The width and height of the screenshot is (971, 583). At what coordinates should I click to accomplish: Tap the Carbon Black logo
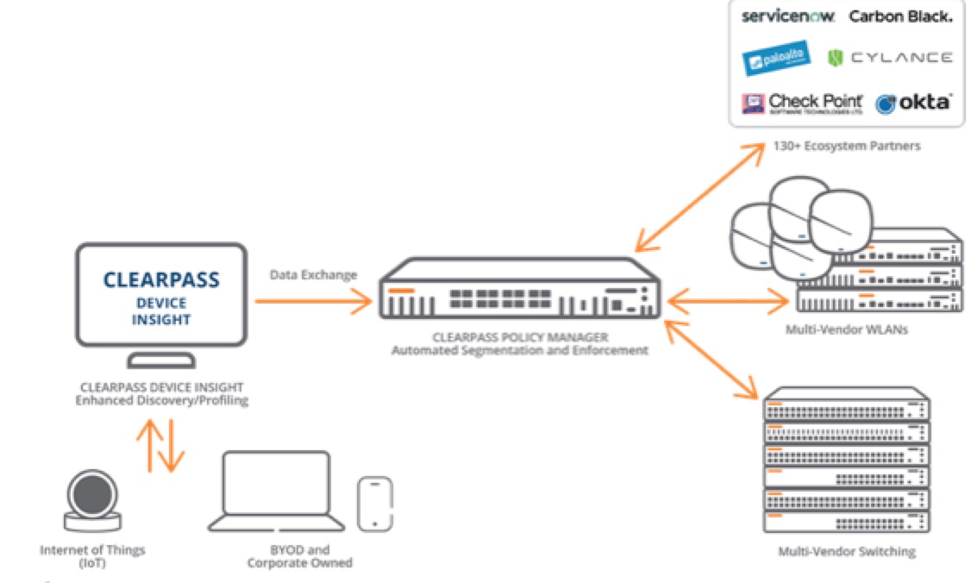[900, 16]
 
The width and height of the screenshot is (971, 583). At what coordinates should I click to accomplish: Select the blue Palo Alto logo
[776, 58]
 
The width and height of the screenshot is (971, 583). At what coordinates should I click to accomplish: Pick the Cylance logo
[890, 58]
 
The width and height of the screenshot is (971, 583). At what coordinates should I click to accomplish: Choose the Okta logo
[913, 103]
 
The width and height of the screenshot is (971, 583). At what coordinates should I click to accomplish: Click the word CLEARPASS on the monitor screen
[161, 280]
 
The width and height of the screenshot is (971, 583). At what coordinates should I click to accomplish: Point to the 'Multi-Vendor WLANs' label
[840, 330]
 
